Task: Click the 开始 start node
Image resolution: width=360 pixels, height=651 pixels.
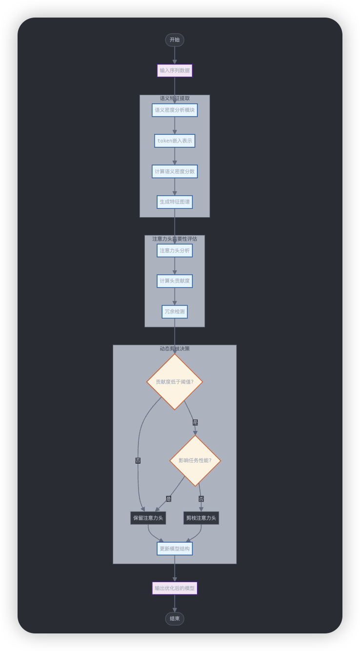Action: click(x=175, y=40)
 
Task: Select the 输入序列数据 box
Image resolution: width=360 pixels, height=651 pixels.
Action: click(x=175, y=71)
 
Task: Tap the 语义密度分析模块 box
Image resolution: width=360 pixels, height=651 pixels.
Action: click(x=175, y=110)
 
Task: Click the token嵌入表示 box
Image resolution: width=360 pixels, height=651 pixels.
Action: click(x=175, y=141)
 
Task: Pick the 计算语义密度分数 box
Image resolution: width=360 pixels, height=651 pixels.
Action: click(x=175, y=171)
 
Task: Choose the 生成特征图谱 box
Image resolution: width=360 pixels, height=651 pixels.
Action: click(x=175, y=202)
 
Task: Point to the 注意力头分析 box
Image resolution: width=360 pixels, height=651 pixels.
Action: click(x=175, y=251)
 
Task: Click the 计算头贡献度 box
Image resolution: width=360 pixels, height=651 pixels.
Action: click(x=175, y=281)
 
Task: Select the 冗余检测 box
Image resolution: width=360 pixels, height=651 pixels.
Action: click(x=175, y=312)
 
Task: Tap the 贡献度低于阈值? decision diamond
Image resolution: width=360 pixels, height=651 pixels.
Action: click(x=175, y=382)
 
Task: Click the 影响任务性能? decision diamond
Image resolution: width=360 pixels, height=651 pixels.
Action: click(x=195, y=460)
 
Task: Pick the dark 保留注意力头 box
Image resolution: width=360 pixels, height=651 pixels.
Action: click(x=148, y=518)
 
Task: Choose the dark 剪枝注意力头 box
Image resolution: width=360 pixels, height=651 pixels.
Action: click(x=201, y=518)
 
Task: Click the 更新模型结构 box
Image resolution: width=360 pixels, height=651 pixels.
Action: click(x=175, y=549)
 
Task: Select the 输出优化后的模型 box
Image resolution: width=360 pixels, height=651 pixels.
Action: click(x=175, y=588)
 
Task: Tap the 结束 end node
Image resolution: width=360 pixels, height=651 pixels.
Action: click(x=175, y=619)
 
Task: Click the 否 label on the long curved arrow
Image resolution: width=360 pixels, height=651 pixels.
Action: click(x=138, y=461)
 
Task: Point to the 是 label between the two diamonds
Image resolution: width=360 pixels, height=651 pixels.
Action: click(x=195, y=423)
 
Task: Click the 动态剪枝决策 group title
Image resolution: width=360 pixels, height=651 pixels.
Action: click(x=175, y=349)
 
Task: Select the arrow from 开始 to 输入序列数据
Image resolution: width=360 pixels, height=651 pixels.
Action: click(x=175, y=56)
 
